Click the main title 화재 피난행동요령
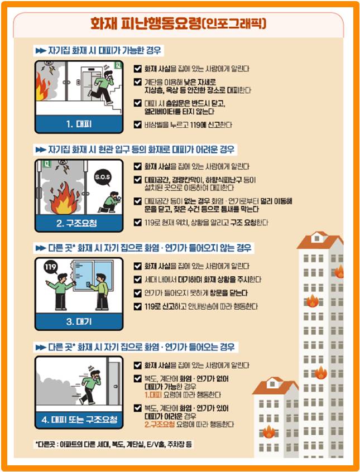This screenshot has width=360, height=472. (179, 23)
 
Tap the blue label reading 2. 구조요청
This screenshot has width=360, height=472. (78, 223)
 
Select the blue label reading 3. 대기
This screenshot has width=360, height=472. (78, 322)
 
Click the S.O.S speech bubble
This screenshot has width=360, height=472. (103, 178)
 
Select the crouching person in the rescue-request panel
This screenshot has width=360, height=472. (109, 202)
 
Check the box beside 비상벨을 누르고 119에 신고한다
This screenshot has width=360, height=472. (138, 124)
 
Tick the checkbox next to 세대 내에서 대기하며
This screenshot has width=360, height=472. (138, 279)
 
